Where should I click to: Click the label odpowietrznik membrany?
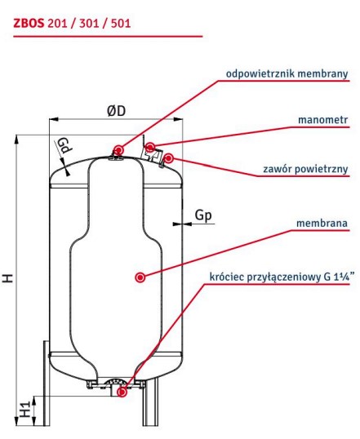tap(287, 73)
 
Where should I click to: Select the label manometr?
tap(323, 121)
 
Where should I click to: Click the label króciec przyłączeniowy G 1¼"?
tap(279, 276)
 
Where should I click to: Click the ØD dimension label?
tap(116, 110)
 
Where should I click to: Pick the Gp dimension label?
tap(205, 216)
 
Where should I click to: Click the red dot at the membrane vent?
tap(119, 149)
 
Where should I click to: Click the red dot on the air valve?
tap(168, 158)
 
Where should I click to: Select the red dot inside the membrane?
tap(140, 277)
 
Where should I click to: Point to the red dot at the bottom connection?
tap(122, 392)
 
